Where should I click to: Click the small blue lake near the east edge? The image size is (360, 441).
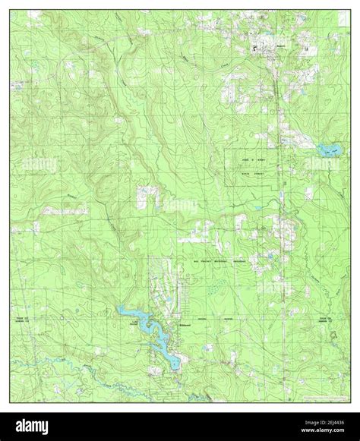(327, 148)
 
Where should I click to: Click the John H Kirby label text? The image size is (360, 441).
(254, 159)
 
